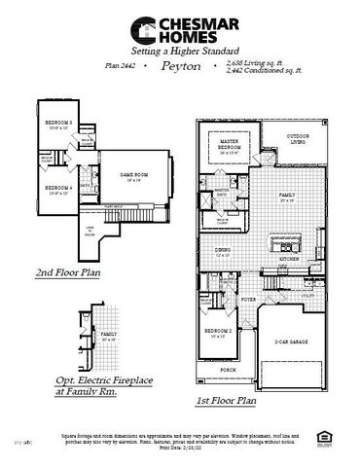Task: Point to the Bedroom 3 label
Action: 58,123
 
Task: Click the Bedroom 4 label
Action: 58,188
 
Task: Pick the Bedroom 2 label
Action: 220,333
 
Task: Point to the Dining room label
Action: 223,250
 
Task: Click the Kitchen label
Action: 290,260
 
